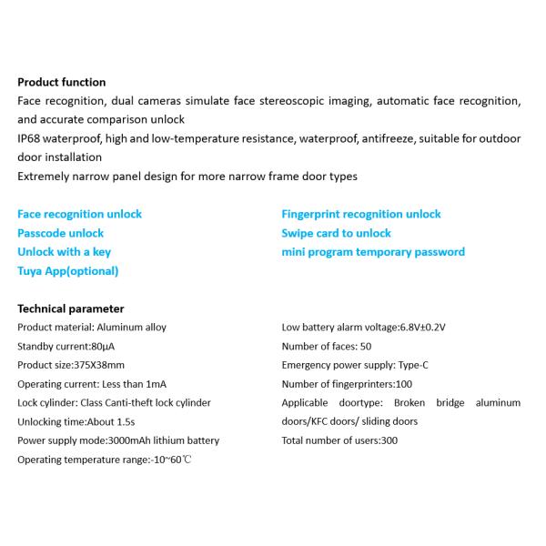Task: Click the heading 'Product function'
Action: (x=62, y=82)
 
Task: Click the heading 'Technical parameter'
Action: (x=71, y=308)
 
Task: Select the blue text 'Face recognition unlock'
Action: (x=79, y=214)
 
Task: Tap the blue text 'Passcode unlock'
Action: (x=60, y=233)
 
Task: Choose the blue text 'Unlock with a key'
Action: (x=64, y=252)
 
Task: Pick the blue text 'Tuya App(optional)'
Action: (x=67, y=271)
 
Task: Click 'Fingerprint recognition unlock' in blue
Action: (x=361, y=214)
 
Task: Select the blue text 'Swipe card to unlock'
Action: (x=336, y=233)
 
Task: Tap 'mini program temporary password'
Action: (x=373, y=252)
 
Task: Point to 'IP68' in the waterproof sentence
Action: (x=29, y=138)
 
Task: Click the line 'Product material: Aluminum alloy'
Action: (x=92, y=327)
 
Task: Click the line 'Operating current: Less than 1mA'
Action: (x=92, y=384)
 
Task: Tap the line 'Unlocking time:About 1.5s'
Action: (x=75, y=422)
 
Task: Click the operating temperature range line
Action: (x=105, y=460)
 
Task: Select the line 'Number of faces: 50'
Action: (x=327, y=346)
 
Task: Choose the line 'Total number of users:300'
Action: (x=339, y=441)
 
